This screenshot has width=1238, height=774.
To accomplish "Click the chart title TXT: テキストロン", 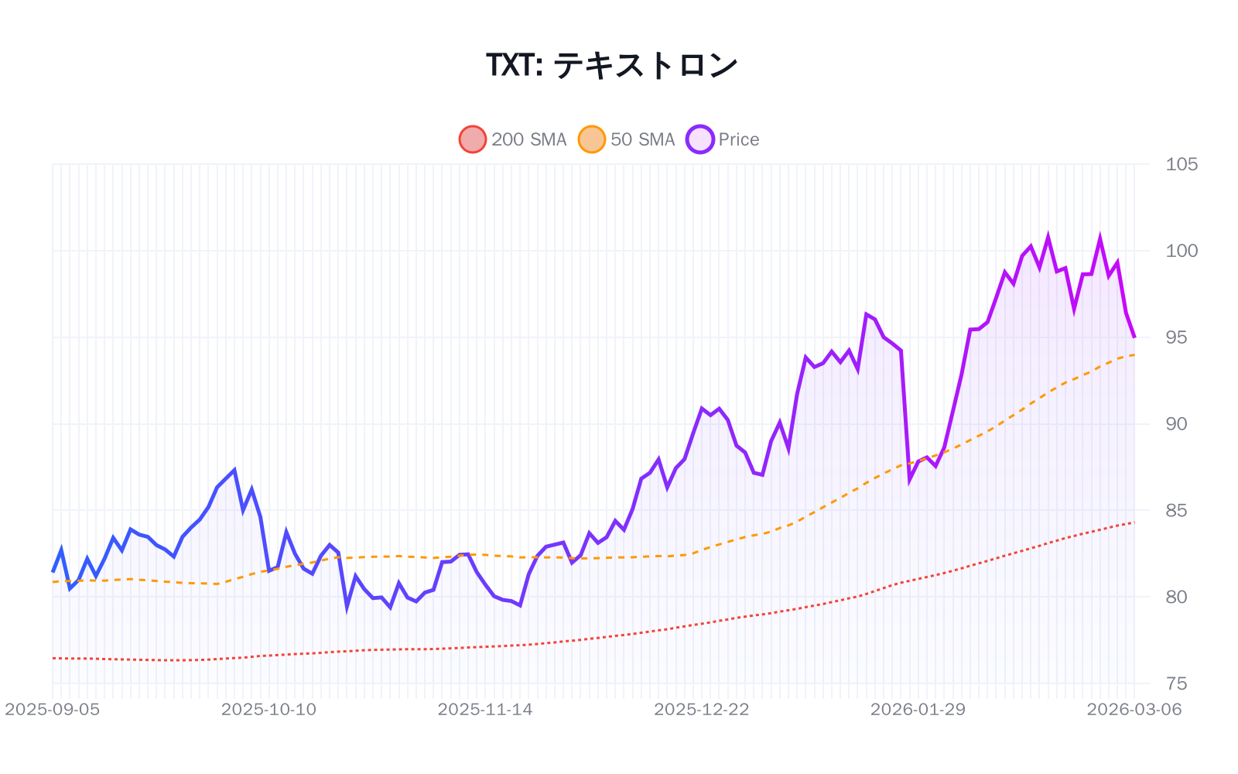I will click(x=611, y=65).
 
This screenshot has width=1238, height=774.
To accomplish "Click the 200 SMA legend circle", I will click(x=473, y=139).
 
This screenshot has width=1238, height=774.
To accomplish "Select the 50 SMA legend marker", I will click(x=592, y=139).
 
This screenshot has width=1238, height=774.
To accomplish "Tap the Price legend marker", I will click(x=700, y=139).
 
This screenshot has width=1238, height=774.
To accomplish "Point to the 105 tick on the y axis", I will click(x=1182, y=164).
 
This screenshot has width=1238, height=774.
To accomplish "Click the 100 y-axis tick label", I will click(x=1182, y=251).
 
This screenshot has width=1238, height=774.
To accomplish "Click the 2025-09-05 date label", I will click(x=53, y=710).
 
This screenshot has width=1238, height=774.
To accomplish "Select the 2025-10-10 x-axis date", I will click(x=268, y=710).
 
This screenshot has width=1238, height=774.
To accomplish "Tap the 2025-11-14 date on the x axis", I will click(x=485, y=710).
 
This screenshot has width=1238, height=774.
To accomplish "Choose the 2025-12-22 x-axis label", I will click(x=702, y=710).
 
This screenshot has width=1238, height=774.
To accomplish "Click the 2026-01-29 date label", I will click(x=918, y=710).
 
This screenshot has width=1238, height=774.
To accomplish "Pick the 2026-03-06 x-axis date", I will click(x=1134, y=710).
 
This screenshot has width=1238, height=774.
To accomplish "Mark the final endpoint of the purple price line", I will click(x=1134, y=337).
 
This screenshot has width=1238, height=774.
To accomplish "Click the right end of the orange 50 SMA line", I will click(x=1134, y=354).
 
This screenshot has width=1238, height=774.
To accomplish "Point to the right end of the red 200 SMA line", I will click(x=1134, y=522).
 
